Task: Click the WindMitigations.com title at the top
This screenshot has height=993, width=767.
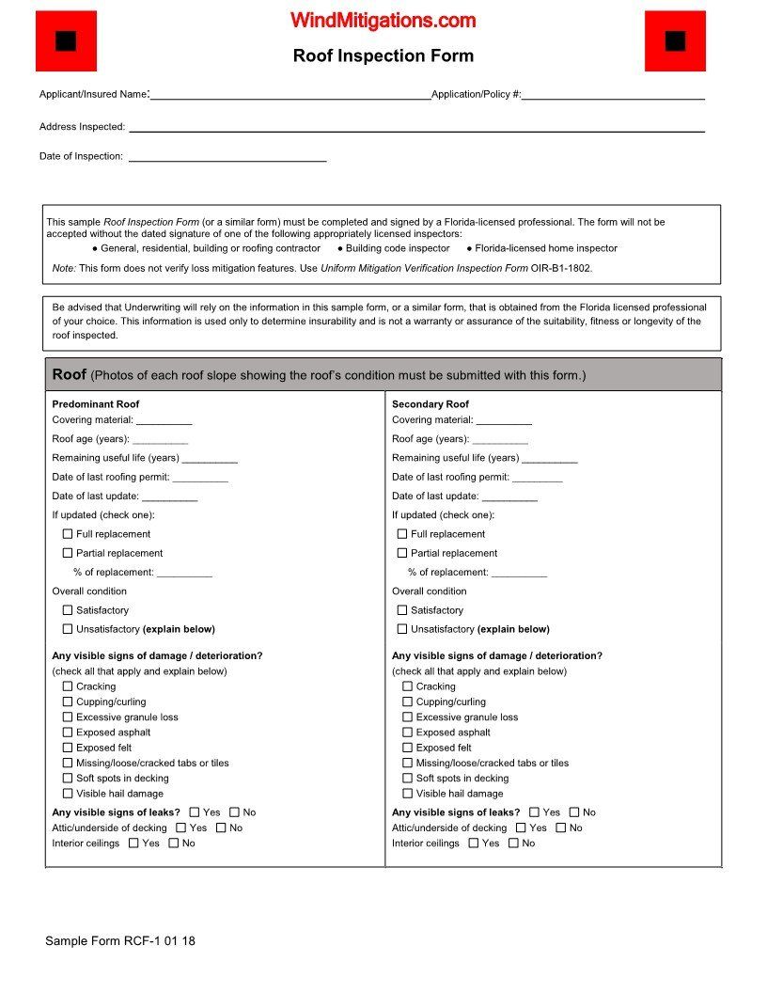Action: pos(383,21)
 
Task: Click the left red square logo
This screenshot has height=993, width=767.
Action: pos(66,41)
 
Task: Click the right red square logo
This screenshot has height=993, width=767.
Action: pos(675,41)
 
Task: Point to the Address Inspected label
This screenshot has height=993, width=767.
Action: pos(82,127)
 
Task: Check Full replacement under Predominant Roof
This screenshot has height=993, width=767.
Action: pos(68,534)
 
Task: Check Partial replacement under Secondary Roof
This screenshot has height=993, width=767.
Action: pos(402,553)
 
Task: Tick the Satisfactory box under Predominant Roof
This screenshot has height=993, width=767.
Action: pos(68,610)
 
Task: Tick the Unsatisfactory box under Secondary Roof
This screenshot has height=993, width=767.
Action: pos(402,629)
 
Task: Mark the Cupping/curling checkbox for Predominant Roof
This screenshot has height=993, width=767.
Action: pos(68,701)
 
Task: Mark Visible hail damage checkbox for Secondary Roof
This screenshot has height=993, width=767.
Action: pos(408,794)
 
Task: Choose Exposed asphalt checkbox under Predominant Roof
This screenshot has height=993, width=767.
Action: pos(68,733)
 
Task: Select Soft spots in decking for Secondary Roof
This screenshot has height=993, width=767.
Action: pos(408,779)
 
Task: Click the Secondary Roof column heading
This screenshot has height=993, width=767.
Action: pos(430,404)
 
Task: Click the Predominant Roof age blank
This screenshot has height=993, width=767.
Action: pos(161,440)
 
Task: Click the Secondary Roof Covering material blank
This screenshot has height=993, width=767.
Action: pos(504,421)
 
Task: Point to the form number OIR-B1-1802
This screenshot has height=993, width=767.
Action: pos(561,268)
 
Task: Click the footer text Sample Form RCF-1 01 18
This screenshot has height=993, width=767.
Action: pos(120,940)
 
